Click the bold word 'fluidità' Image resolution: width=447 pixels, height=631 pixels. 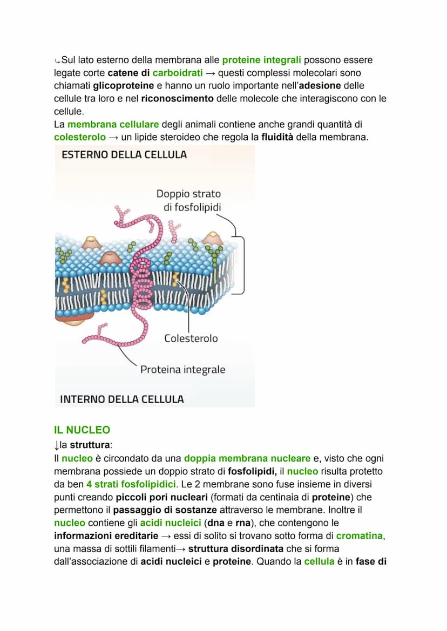click(x=277, y=138)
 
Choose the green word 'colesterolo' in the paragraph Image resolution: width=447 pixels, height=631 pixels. click(x=80, y=138)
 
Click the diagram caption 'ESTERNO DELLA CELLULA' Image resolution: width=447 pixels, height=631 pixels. click(x=124, y=155)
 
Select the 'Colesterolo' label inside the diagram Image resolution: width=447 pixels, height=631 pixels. click(x=191, y=338)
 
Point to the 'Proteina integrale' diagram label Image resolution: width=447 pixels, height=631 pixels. click(x=182, y=370)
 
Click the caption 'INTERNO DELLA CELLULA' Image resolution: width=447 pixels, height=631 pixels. click(x=122, y=399)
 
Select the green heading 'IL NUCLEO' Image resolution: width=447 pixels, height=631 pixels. click(x=82, y=430)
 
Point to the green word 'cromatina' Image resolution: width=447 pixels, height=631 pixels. click(x=359, y=537)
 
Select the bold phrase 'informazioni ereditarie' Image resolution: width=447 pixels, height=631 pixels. click(x=106, y=537)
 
